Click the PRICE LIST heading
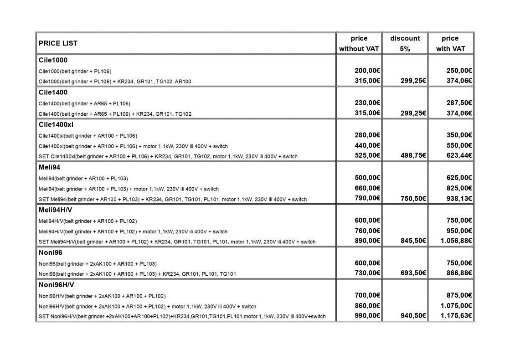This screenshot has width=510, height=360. tap(58, 43)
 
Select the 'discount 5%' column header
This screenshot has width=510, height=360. tap(405, 43)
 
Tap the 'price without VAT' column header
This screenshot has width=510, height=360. tap(359, 43)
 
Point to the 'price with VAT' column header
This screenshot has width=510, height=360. tap(450, 43)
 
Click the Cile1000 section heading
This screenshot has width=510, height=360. tap(53, 60)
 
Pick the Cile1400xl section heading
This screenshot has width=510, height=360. tap(56, 124)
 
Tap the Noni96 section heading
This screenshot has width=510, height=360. tap(51, 252)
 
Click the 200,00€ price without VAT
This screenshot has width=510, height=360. tap(367, 71)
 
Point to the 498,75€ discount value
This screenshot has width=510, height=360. tap(413, 156)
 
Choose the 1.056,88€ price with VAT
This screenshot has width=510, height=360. tap(456, 241)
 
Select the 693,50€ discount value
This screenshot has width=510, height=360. tap(413, 273)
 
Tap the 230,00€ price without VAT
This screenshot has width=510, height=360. tap(367, 103)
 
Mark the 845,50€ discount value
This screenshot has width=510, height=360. tap(413, 241)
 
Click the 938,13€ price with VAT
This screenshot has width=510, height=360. tap(458, 199)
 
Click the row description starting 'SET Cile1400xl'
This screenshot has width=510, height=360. tap(168, 157)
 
